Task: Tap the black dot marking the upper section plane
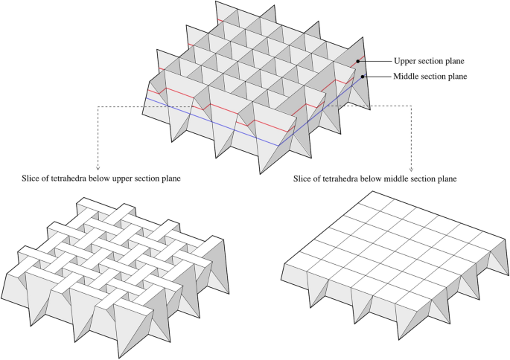coord(357,61)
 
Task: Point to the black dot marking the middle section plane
coord(363,75)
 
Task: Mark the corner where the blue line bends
coord(279,145)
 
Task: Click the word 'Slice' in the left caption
coord(34,179)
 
